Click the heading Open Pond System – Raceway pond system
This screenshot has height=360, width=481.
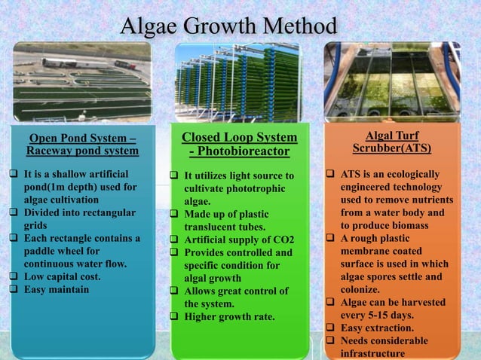pyautogui.click(x=82, y=144)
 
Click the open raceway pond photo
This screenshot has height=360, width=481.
pyautogui.click(x=82, y=82)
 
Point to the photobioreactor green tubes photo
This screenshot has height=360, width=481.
pyautogui.click(x=240, y=82)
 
